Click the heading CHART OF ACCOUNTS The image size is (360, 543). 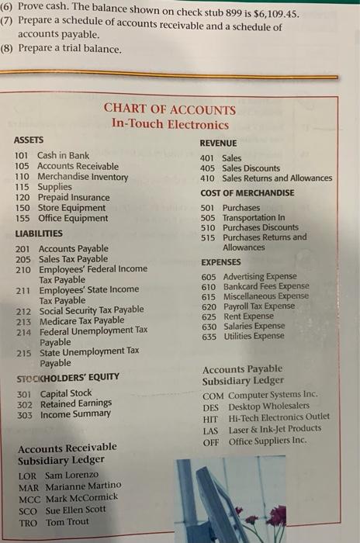click(169, 110)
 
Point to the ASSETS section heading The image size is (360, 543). click(29, 140)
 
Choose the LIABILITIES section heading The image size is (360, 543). click(38, 233)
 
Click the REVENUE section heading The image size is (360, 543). click(218, 144)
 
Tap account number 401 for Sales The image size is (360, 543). click(207, 157)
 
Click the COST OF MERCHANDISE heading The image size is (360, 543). click(247, 193)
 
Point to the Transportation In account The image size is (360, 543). click(254, 218)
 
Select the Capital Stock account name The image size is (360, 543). click(66, 394)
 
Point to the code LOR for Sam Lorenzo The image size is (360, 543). click(27, 475)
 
